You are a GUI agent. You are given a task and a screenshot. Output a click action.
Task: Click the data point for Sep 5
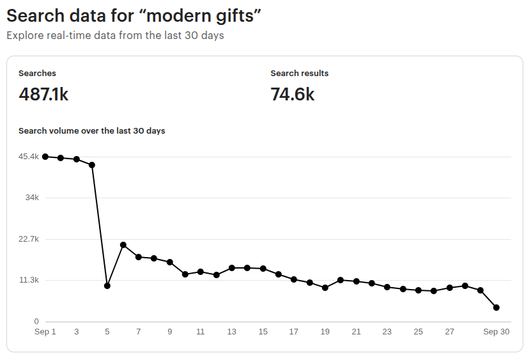click(107, 286)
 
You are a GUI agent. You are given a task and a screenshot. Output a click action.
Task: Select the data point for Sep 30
click(496, 308)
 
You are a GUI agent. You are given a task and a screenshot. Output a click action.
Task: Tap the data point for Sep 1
click(45, 157)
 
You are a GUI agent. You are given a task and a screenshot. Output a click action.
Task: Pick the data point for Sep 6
click(123, 245)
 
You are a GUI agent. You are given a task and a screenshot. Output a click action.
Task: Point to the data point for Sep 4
click(92, 165)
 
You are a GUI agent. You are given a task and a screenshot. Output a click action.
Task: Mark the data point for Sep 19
click(325, 288)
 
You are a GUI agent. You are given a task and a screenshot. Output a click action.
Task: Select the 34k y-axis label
click(33, 198)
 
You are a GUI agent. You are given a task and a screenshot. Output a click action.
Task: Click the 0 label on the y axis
click(36, 322)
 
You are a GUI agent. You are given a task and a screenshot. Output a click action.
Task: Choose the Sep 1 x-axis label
click(45, 332)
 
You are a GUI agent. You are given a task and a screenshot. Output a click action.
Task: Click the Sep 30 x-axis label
click(496, 332)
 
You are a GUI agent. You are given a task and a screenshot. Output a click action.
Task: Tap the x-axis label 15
click(263, 332)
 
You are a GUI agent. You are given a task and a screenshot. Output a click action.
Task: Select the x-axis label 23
click(387, 332)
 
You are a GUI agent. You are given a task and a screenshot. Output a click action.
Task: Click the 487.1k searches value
click(43, 95)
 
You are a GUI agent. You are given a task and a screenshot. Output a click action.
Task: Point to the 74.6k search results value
click(293, 95)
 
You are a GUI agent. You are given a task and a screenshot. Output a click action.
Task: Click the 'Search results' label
click(299, 74)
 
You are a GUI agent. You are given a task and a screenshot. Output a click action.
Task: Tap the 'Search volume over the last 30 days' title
click(92, 131)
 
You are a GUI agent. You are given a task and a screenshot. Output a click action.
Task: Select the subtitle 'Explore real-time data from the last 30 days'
click(115, 36)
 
